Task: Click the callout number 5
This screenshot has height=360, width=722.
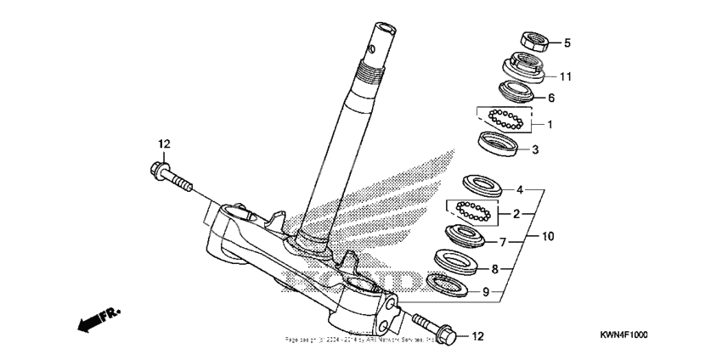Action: [x=568, y=42]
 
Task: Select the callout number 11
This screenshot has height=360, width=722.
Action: [x=566, y=76]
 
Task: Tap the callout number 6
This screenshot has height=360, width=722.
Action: [x=550, y=98]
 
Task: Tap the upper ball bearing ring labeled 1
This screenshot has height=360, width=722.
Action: [x=507, y=119]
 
